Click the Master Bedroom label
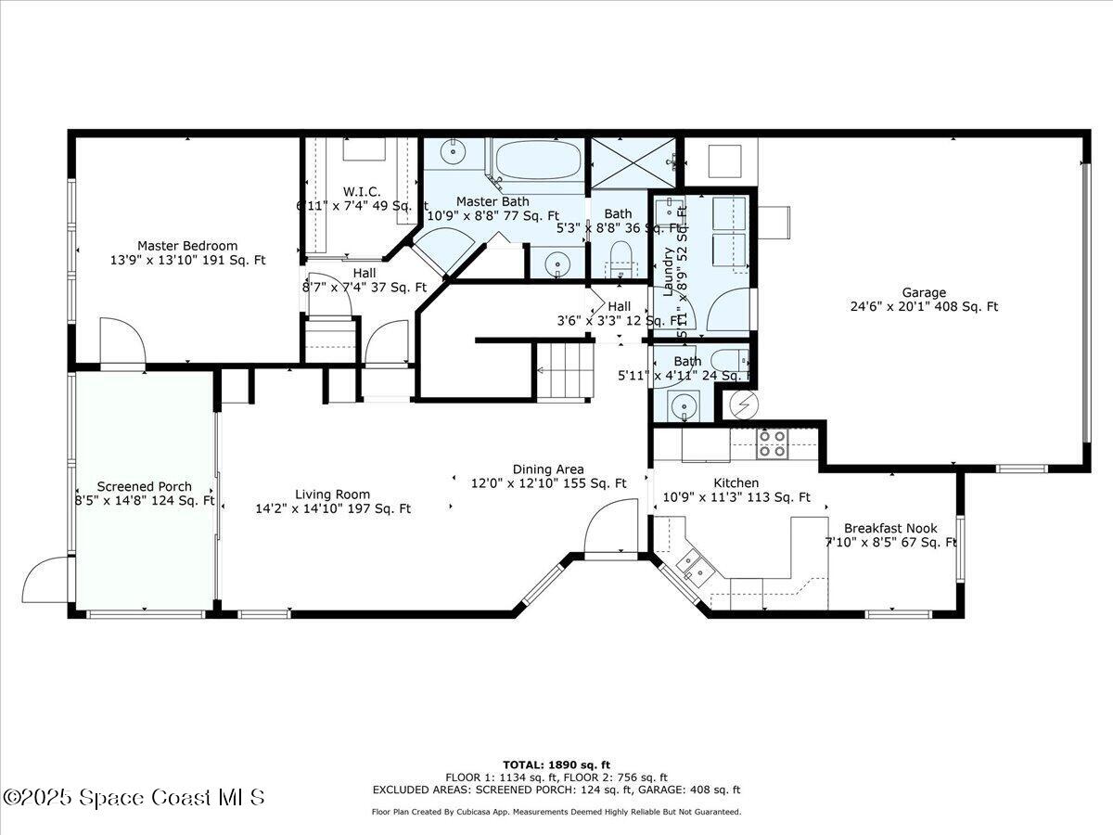point(187,246)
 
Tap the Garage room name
point(923,292)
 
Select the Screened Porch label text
point(145,486)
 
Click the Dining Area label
point(548,469)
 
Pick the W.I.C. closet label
point(362,192)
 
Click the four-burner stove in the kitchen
point(773,444)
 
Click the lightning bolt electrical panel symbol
point(742,404)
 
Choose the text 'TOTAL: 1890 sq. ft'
point(556,764)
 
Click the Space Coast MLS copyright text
point(134,797)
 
